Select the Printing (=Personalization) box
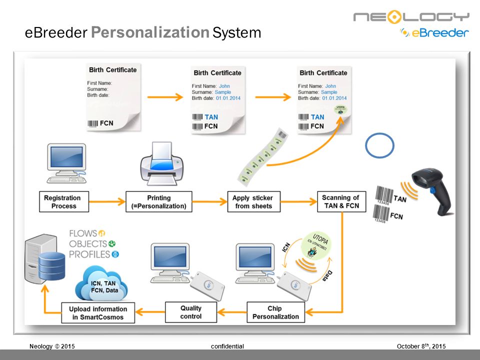point(159,201)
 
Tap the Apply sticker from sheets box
point(253,201)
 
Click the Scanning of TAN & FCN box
point(341,201)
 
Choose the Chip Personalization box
point(275,312)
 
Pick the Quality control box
point(190,312)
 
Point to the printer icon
point(161,162)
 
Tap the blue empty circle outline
point(380,145)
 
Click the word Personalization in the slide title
point(150,33)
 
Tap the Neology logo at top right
point(411,17)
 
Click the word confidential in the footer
point(227,346)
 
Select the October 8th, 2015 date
point(420,346)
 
